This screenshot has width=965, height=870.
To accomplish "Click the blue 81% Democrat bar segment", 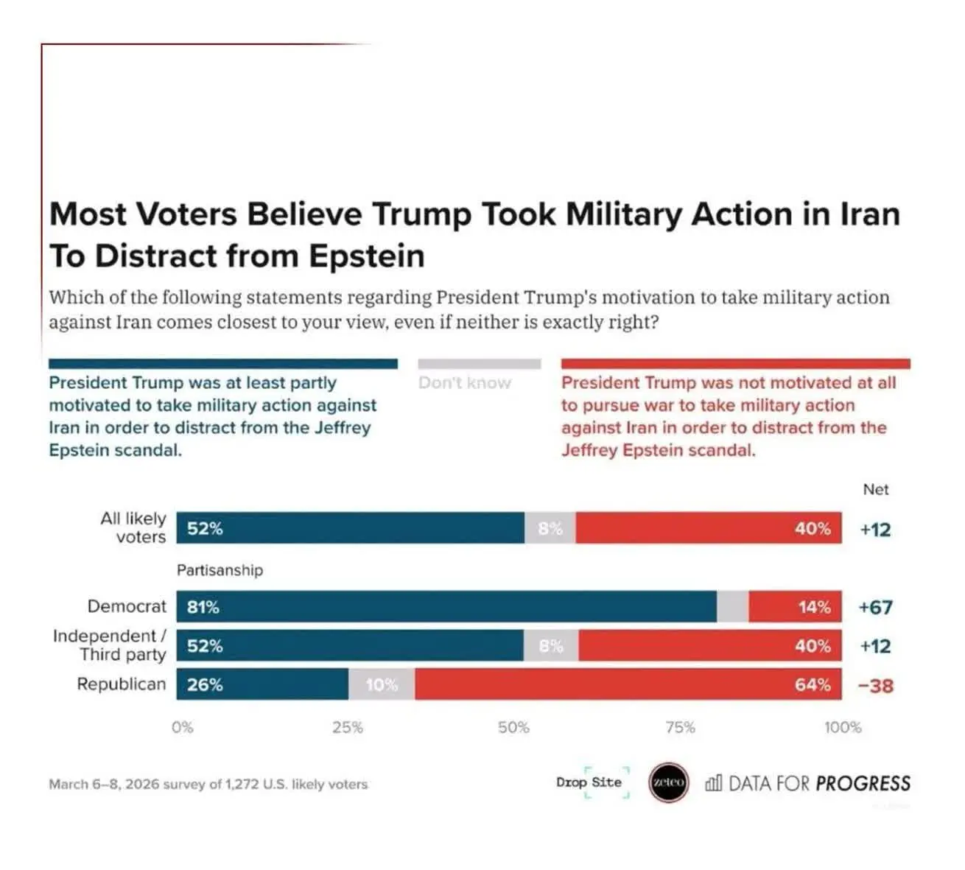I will (x=446, y=607).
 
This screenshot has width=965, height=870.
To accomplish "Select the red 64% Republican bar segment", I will (x=628, y=685).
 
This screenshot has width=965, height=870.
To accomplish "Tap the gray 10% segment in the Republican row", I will (x=381, y=685).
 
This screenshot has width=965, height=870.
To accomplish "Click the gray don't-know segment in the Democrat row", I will (x=732, y=607).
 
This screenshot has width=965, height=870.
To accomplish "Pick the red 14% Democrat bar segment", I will (x=795, y=607).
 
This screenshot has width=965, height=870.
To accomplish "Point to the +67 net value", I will (x=875, y=608).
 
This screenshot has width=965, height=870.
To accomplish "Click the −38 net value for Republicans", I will (x=875, y=686).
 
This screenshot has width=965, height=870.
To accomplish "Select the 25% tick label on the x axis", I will (x=347, y=728).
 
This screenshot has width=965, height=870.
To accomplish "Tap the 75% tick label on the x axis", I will (x=680, y=728).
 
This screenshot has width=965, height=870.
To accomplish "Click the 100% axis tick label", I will (x=843, y=728).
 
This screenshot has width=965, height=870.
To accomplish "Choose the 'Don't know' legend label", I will (x=464, y=383).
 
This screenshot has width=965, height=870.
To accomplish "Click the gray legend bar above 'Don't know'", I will (x=479, y=364).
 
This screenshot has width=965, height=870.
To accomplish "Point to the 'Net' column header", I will (x=875, y=490).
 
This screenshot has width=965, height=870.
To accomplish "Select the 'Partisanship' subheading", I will (x=220, y=570).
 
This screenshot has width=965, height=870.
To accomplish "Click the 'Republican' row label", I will (x=122, y=684).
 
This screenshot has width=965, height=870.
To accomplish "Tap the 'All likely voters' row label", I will (x=133, y=527).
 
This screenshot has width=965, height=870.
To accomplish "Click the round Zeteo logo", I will (x=668, y=782).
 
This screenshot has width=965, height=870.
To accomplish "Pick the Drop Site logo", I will (x=589, y=782).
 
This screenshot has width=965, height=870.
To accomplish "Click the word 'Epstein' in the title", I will (x=367, y=256).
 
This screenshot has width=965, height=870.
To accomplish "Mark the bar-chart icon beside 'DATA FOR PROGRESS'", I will (x=713, y=782).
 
